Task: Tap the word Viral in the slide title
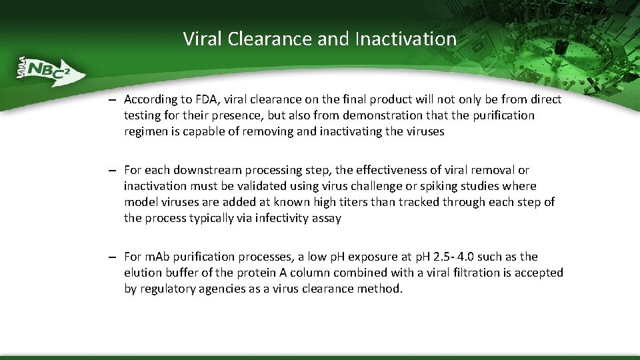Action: click(203, 39)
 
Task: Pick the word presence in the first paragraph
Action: click(223, 116)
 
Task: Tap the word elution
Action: click(143, 273)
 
